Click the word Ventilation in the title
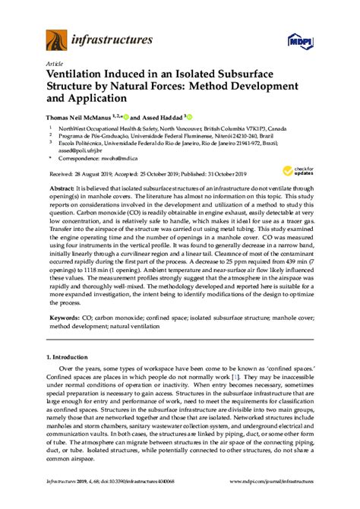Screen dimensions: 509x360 pos(76,76)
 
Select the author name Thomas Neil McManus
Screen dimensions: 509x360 pos(83,118)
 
